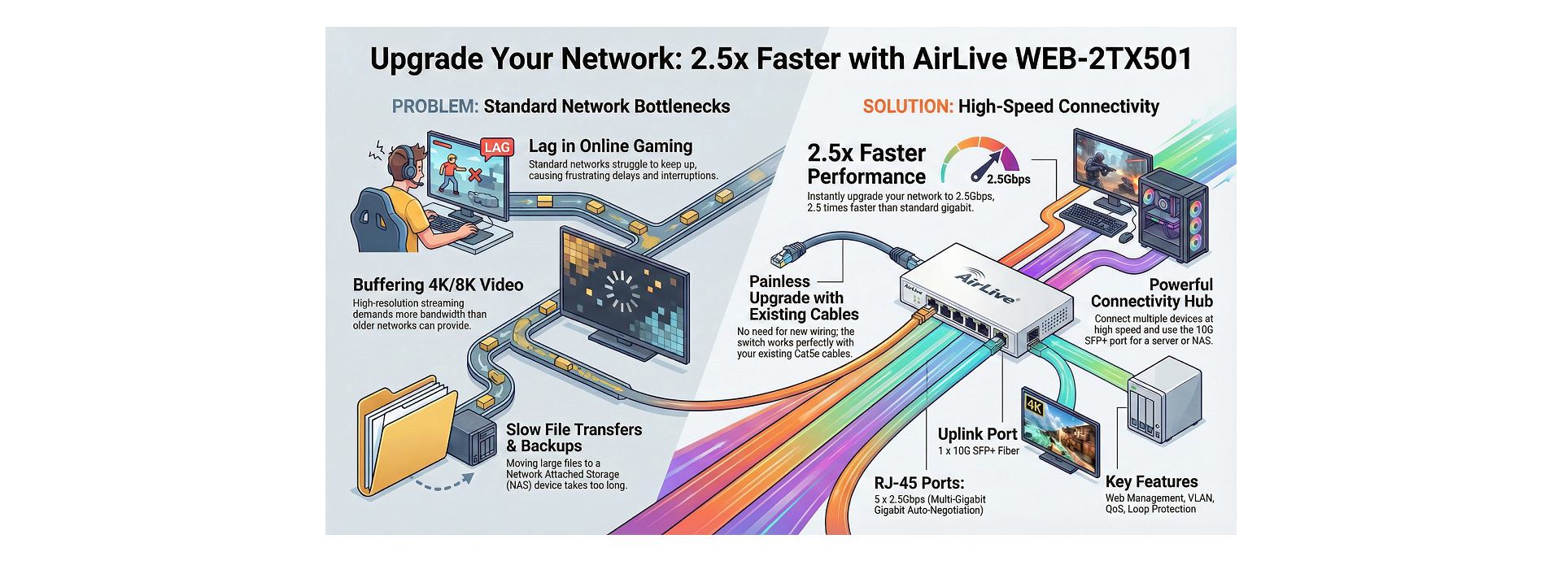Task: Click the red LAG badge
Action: [496, 147]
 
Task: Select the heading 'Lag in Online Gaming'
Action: [610, 146]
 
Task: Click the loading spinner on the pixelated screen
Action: [621, 291]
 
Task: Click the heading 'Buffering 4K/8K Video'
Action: [438, 285]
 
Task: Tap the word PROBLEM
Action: [434, 107]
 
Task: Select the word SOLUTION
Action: [907, 107]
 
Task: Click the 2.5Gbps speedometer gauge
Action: [980, 159]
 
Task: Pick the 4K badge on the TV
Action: [1034, 405]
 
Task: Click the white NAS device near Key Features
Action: [1164, 402]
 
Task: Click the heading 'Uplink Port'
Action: [977, 434]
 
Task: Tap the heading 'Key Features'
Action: [1151, 481]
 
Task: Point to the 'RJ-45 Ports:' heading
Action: [918, 483]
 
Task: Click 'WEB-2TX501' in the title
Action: [1104, 59]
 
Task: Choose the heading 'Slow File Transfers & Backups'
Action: [574, 437]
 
